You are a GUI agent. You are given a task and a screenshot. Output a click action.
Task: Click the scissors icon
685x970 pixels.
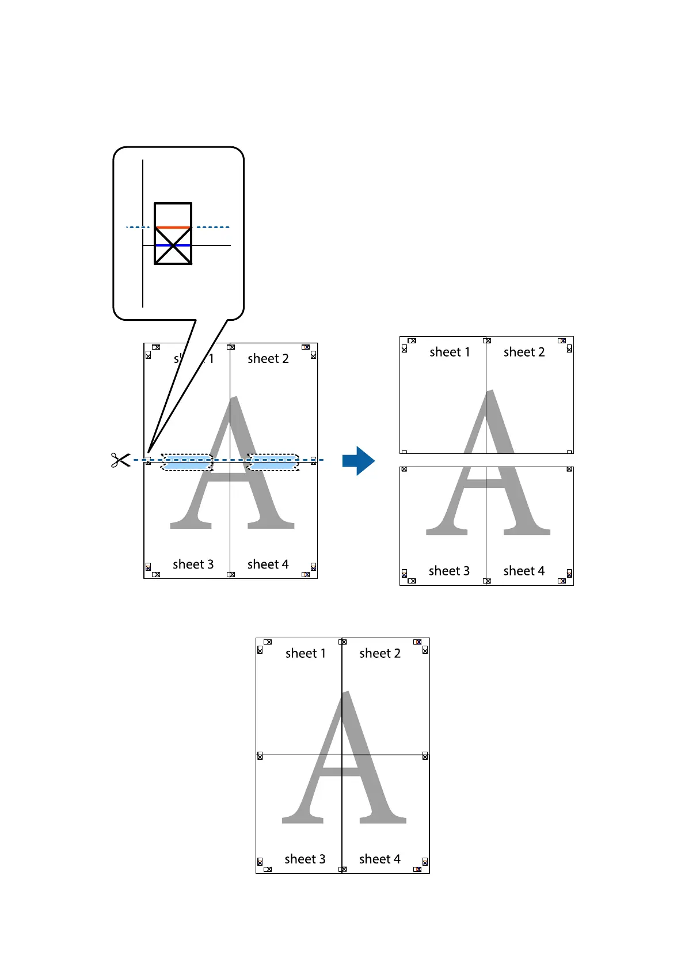click(120, 460)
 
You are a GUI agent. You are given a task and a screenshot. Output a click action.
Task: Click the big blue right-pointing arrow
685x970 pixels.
click(358, 460)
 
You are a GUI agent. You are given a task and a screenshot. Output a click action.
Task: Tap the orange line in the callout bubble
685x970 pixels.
click(173, 228)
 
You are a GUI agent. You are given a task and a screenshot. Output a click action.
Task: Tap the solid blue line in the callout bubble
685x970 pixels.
click(173, 245)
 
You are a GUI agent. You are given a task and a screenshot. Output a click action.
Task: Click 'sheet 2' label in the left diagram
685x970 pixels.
click(268, 359)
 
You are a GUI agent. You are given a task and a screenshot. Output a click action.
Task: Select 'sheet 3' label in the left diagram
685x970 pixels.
click(193, 564)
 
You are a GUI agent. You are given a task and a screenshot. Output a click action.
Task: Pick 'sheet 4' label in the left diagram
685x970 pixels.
click(268, 564)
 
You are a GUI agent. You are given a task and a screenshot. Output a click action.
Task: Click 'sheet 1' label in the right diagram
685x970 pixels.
click(450, 352)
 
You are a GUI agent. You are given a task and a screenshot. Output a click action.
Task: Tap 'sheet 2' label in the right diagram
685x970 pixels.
click(524, 352)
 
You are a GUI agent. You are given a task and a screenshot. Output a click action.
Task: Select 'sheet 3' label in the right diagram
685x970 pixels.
click(449, 571)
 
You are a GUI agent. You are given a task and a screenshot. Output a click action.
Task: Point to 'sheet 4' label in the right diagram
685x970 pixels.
click(524, 571)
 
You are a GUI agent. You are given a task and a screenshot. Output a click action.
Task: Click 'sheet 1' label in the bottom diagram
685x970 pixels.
click(306, 653)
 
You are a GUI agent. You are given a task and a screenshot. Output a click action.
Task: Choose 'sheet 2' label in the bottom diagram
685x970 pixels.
click(380, 653)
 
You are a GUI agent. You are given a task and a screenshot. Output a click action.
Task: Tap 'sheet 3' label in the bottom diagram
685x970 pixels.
click(305, 859)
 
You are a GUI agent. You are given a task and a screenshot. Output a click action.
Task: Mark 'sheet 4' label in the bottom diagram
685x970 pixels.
click(380, 859)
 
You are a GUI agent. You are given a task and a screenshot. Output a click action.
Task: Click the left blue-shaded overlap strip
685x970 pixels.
click(187, 462)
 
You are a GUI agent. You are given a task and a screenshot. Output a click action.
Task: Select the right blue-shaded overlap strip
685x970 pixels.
click(273, 462)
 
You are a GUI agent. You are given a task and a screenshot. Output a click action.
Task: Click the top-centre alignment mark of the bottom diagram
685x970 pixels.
click(342, 642)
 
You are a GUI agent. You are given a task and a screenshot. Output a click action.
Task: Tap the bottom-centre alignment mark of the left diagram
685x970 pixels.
click(230, 574)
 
